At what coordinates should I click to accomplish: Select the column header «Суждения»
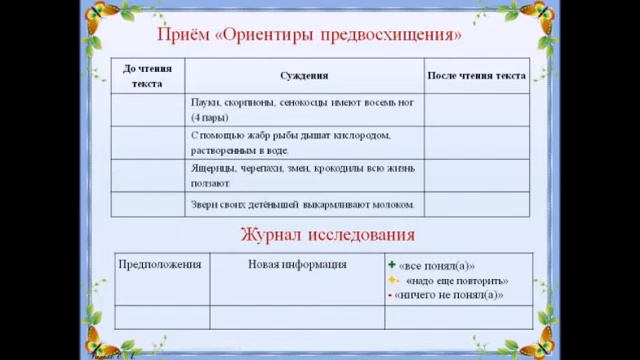(x=304, y=76)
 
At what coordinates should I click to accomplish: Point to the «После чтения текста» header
(x=475, y=76)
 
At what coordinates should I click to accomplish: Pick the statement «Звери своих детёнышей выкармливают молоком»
(x=302, y=205)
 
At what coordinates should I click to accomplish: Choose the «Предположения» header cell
(x=160, y=265)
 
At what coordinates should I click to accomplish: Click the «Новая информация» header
(x=297, y=265)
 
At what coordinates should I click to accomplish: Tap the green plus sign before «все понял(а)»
(x=392, y=266)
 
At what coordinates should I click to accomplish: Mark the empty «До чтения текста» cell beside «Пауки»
(x=147, y=109)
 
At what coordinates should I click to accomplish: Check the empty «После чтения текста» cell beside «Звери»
(x=475, y=205)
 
